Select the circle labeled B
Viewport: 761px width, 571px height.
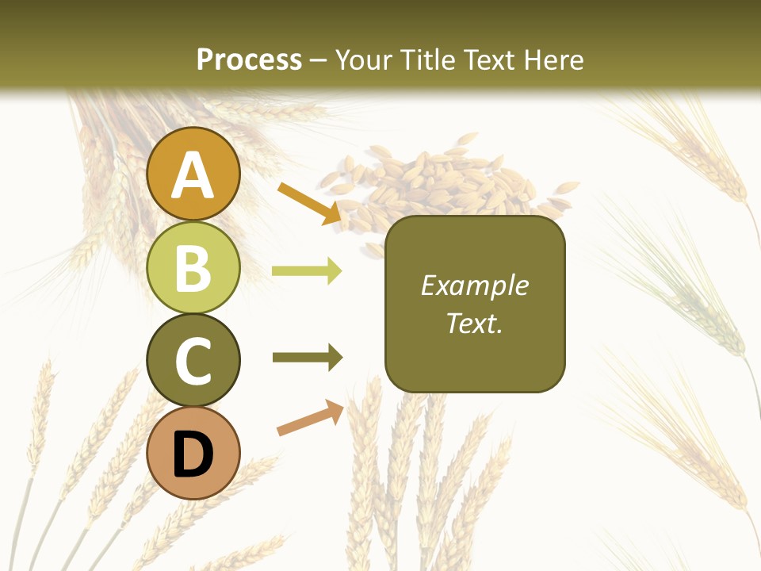tap(193, 267)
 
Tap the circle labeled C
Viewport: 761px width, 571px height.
tap(193, 360)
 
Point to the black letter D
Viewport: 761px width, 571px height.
tap(193, 455)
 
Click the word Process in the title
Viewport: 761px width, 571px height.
tap(249, 59)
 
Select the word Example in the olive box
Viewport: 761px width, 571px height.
tap(474, 285)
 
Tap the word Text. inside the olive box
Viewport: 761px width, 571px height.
tap(474, 323)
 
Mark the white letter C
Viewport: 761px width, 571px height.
tap(193, 361)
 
